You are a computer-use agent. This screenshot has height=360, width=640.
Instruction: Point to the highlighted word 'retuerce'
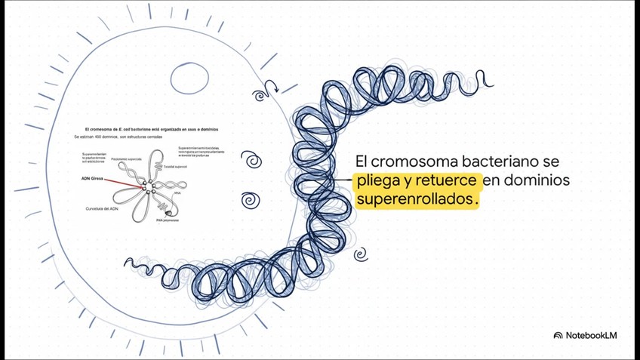click(446, 182)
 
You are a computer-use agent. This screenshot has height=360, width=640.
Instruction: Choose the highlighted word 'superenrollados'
click(415, 201)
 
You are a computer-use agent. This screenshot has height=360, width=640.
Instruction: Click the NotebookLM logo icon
click(558, 335)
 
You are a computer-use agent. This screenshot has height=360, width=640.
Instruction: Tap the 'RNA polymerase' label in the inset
click(165, 220)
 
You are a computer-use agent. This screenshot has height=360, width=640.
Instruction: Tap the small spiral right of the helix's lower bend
click(361, 254)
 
